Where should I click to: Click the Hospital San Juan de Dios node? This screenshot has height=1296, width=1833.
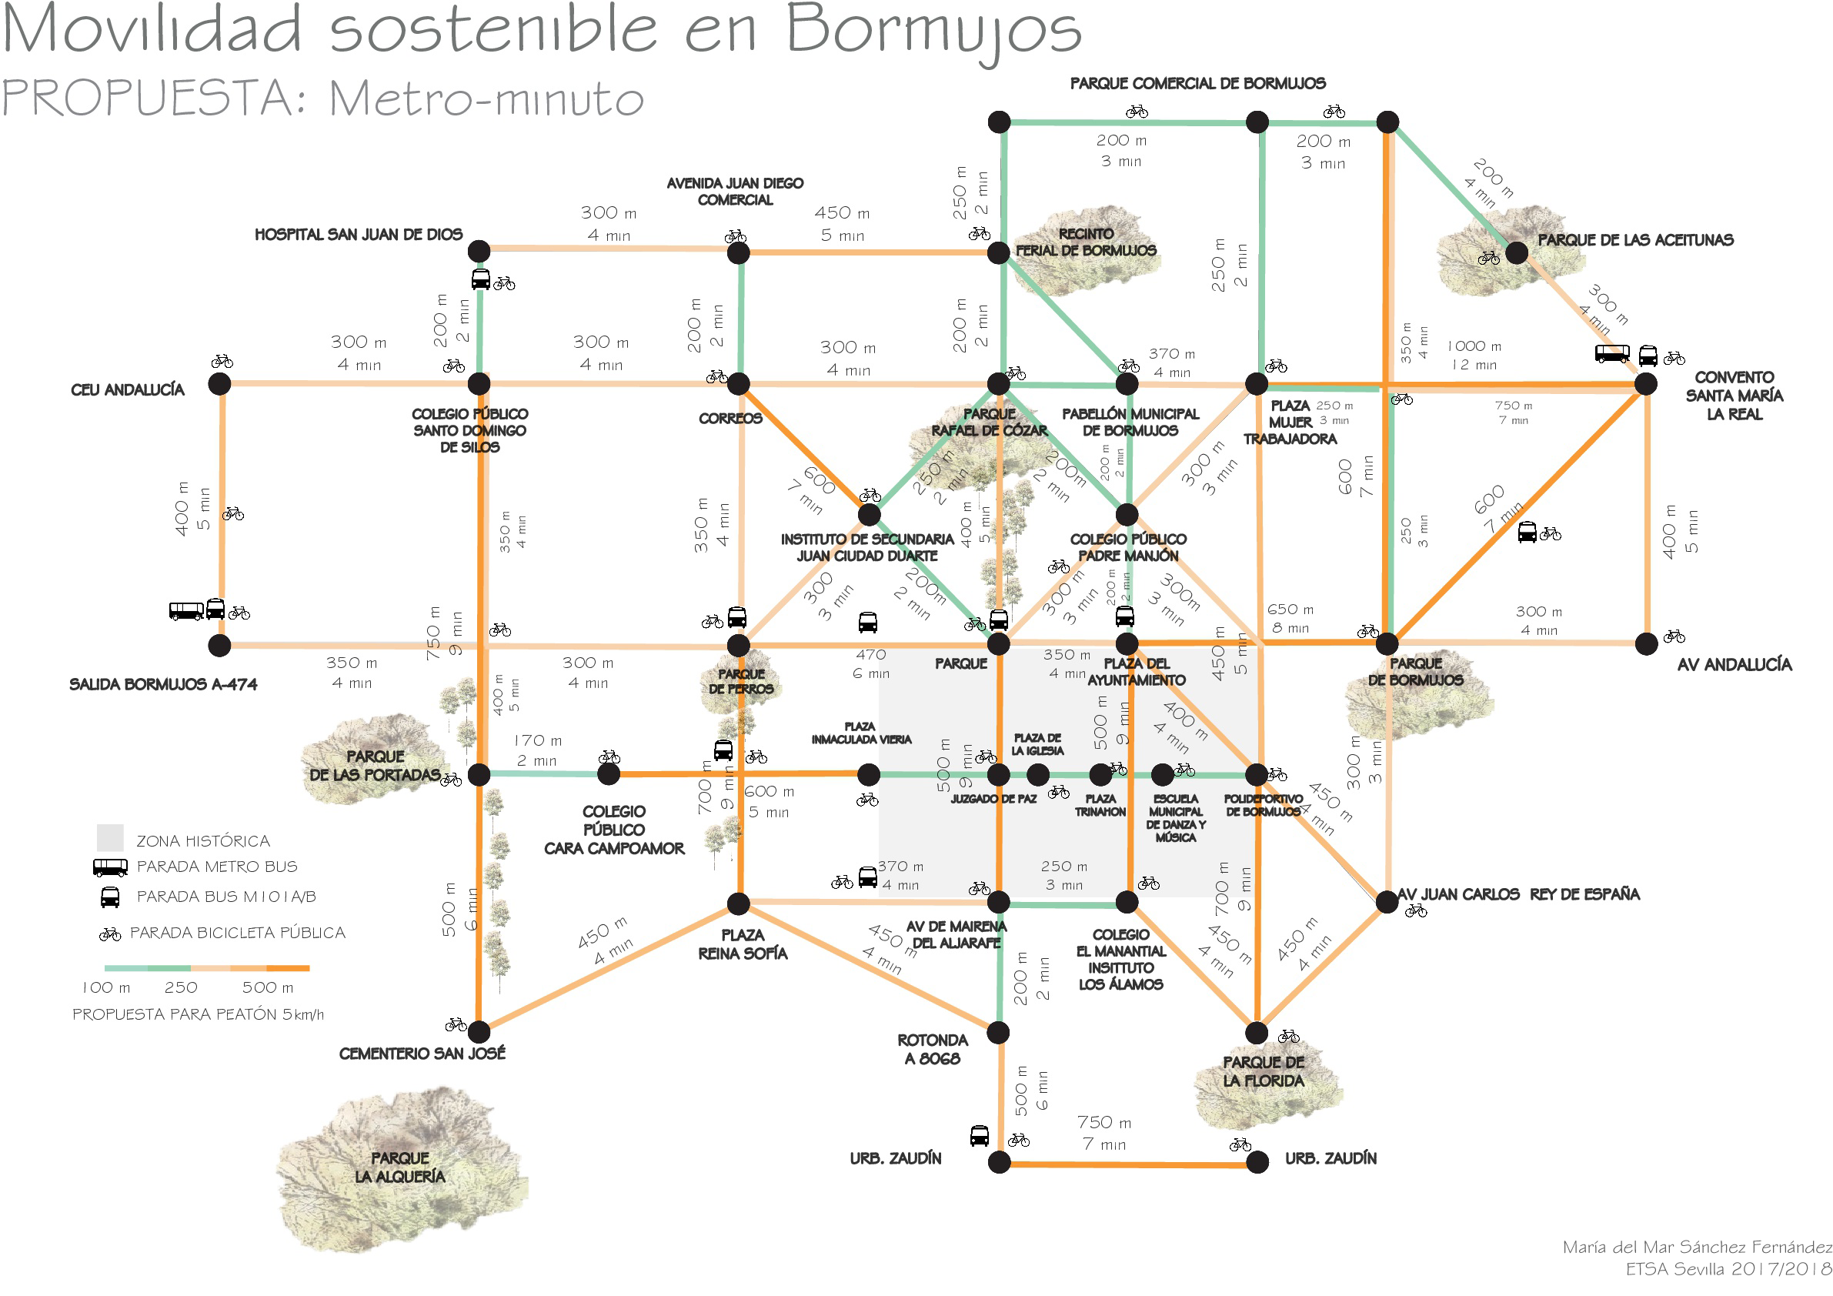478,252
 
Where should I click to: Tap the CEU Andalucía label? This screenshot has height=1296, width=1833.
128,389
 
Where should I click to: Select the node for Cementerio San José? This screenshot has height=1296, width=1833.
478,1032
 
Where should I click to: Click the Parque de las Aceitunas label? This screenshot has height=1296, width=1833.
1635,239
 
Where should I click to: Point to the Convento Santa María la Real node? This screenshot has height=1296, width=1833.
1645,384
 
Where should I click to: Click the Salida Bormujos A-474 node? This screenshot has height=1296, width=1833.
219,644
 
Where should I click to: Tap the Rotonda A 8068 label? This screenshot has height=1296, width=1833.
932,1049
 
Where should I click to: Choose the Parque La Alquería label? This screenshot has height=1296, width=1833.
400,1167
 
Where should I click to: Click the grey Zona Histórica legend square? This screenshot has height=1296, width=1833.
110,837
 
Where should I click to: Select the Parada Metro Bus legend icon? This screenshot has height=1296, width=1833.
110,867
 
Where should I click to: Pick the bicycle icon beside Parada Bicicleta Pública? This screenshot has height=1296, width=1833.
110,934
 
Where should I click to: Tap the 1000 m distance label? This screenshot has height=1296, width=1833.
1474,346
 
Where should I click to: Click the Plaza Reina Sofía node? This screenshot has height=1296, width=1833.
739,904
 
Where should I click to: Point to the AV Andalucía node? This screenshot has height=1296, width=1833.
1646,643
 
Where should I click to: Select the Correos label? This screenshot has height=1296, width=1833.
730,419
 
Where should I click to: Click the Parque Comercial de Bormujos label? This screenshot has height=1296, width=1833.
1197,83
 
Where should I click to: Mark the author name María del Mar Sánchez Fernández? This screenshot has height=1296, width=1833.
1697,1247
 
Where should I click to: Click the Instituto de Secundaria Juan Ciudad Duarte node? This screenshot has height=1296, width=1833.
869,514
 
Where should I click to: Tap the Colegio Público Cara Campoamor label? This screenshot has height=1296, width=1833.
614,830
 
